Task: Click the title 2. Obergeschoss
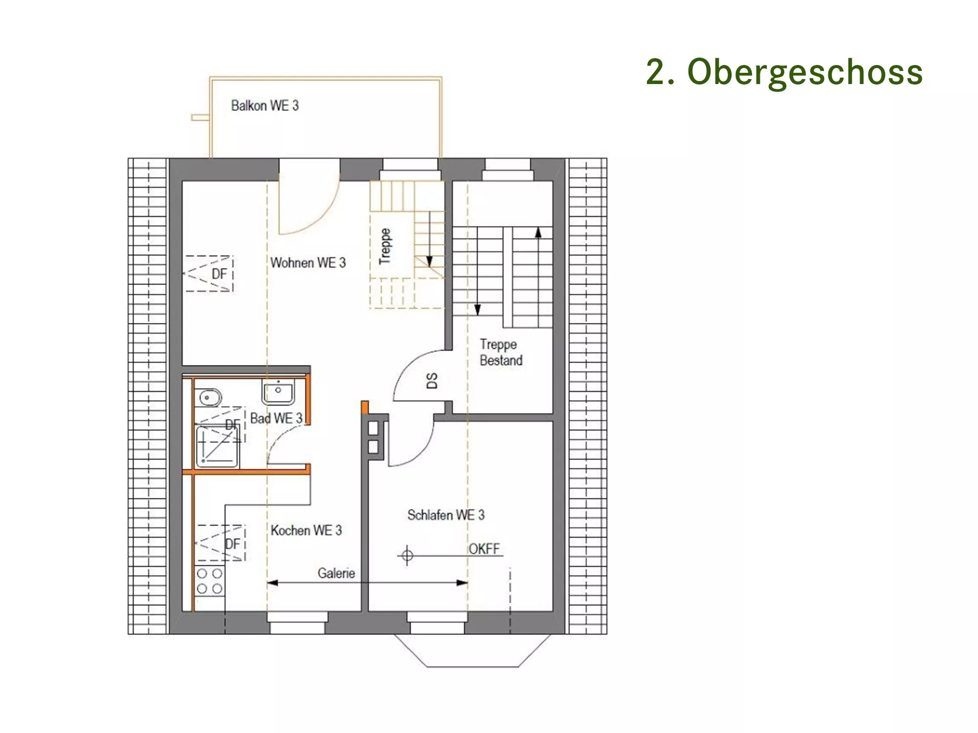(x=784, y=72)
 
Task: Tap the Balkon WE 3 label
(x=265, y=106)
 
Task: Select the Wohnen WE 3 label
(x=308, y=263)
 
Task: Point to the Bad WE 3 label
(x=276, y=418)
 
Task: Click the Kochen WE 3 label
(x=306, y=530)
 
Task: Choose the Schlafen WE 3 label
(x=446, y=515)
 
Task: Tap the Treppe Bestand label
(x=501, y=352)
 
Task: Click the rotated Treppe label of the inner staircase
(x=385, y=246)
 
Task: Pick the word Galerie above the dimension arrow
(x=336, y=573)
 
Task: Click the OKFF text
(x=485, y=549)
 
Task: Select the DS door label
(x=432, y=381)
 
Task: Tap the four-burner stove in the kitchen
(x=210, y=581)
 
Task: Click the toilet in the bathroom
(x=208, y=398)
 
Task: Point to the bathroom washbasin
(x=278, y=392)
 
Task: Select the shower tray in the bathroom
(x=217, y=447)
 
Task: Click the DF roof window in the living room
(x=209, y=274)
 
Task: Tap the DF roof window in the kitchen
(x=221, y=543)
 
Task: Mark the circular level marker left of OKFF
(x=407, y=556)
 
